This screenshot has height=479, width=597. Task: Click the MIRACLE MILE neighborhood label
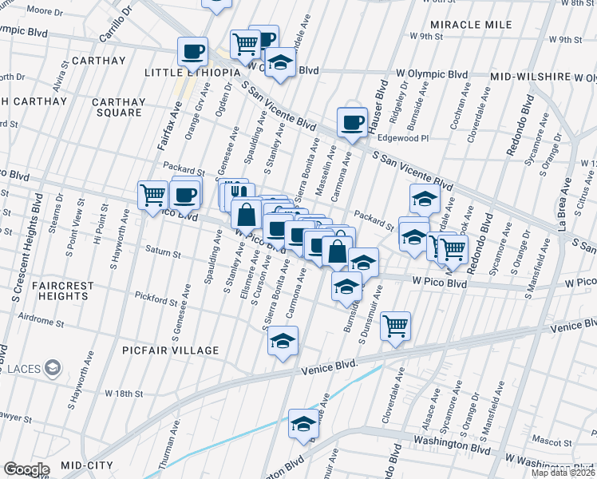click(x=472, y=24)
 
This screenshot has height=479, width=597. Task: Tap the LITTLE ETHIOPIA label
click(x=192, y=73)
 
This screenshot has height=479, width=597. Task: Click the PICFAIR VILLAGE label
click(x=171, y=350)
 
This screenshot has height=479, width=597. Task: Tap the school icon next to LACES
click(x=53, y=368)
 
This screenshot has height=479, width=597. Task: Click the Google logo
click(x=26, y=469)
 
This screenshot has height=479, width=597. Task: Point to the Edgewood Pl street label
click(x=403, y=138)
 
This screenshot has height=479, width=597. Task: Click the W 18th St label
click(x=124, y=394)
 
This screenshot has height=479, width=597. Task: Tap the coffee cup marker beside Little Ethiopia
click(x=192, y=52)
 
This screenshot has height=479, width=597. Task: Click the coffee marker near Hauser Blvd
click(x=351, y=122)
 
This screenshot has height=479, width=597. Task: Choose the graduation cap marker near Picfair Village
click(x=283, y=341)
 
